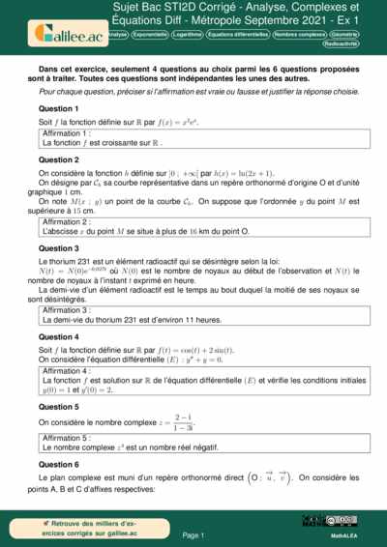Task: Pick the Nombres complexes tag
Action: tap(298, 34)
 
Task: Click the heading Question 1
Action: tap(58, 108)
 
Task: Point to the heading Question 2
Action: tap(58, 158)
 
